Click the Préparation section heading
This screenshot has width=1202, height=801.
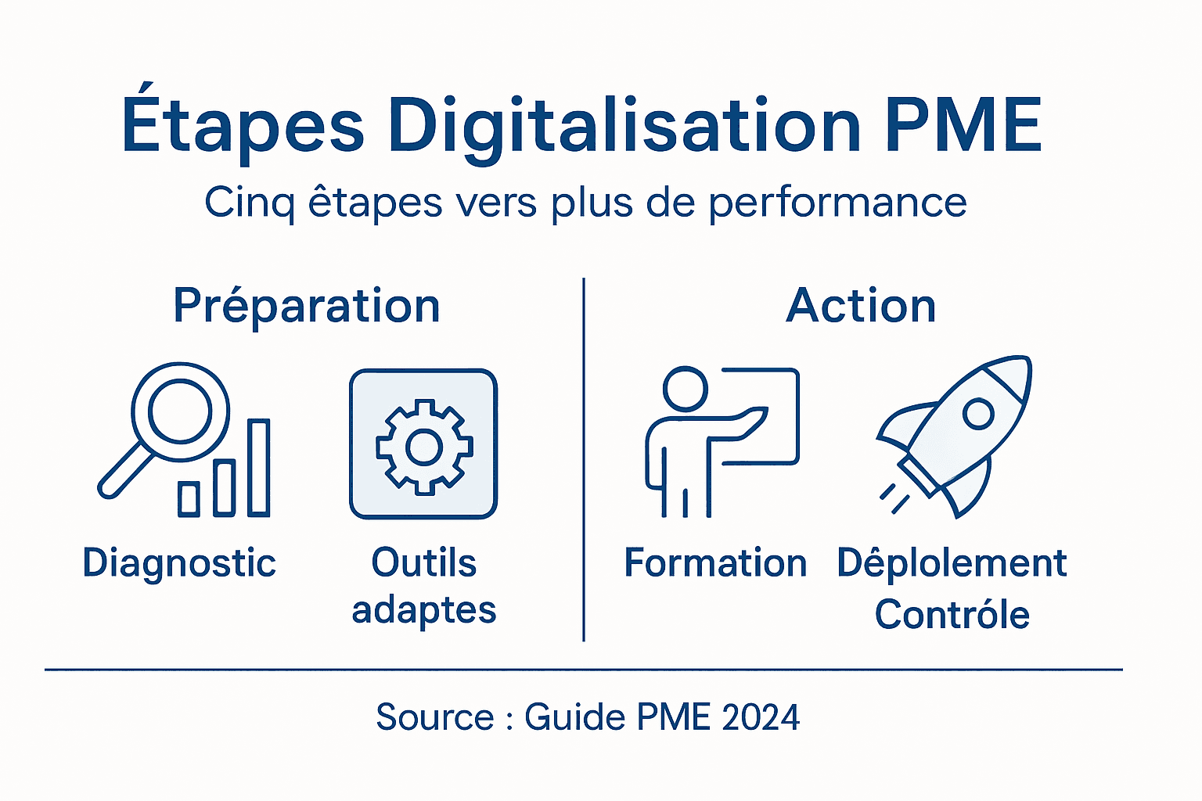click(x=306, y=306)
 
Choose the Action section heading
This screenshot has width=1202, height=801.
click(x=861, y=306)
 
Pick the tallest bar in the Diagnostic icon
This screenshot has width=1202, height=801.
click(x=259, y=468)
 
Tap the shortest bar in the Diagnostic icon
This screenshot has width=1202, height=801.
click(x=189, y=499)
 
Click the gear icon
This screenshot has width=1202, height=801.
click(x=424, y=447)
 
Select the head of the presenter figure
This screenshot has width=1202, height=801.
click(x=685, y=389)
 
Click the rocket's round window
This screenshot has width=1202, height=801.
click(x=977, y=413)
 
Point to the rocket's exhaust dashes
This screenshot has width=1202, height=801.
click(x=894, y=498)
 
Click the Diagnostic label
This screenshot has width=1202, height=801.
click(x=179, y=563)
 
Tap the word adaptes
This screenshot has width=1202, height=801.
click(x=424, y=611)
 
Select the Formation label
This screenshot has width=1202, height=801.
click(x=715, y=563)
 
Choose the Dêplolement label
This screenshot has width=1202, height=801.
click(x=952, y=563)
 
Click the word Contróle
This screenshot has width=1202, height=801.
click(x=952, y=614)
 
